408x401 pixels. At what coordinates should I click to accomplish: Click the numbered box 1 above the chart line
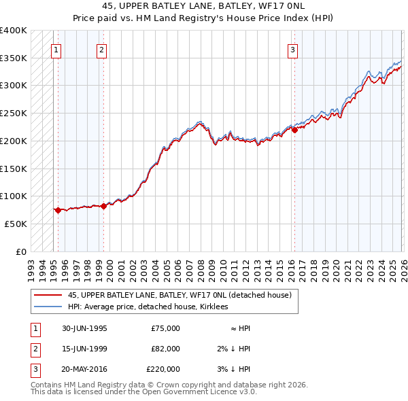click(55, 49)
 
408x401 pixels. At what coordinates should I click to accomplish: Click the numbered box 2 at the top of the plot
click(101, 49)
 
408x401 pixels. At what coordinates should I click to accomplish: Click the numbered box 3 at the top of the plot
click(292, 49)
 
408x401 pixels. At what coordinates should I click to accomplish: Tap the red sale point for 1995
click(58, 210)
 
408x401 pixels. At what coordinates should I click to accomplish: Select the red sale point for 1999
click(103, 206)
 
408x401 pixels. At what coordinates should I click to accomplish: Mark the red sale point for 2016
click(294, 130)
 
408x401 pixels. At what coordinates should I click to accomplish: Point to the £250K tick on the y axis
click(14, 114)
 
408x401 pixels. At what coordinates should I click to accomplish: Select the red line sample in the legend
click(48, 295)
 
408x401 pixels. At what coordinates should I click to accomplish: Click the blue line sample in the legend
click(48, 307)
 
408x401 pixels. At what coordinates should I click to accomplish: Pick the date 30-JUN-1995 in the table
click(84, 328)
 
